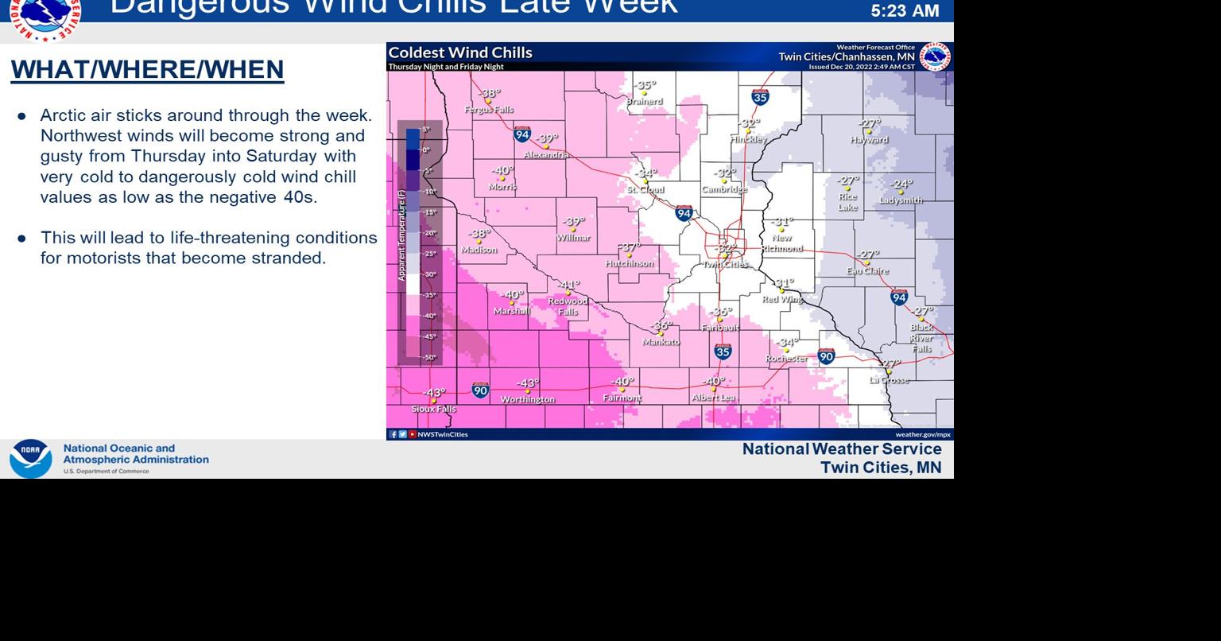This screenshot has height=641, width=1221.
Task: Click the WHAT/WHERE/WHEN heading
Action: [x=147, y=70]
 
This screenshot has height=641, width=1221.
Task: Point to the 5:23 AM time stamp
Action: [x=905, y=11]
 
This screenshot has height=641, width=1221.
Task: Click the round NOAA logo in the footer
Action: [x=30, y=459]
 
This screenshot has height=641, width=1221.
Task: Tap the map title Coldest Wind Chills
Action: [x=460, y=53]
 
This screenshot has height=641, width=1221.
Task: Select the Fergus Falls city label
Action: [x=489, y=110]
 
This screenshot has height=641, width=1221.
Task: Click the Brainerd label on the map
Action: [x=644, y=101]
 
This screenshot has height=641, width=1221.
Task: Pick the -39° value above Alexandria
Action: [x=547, y=139]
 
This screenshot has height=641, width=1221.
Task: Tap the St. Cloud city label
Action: [x=645, y=190]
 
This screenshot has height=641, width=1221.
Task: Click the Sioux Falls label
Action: [x=434, y=409]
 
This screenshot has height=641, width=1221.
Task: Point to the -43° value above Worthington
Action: [x=528, y=384]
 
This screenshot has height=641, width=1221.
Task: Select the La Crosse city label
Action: [x=889, y=380]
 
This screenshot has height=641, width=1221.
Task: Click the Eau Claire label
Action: [x=867, y=271]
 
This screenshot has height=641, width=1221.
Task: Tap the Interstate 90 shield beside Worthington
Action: [x=480, y=390]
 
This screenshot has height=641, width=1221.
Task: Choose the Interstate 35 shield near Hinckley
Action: [x=760, y=98]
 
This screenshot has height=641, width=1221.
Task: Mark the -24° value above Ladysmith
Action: [x=901, y=185]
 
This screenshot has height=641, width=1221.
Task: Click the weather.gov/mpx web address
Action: [x=923, y=434]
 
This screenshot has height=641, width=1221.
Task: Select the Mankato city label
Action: [x=661, y=342]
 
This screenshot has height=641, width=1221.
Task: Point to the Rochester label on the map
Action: [x=786, y=359]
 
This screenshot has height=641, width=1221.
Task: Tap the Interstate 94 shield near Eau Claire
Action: [x=899, y=297]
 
